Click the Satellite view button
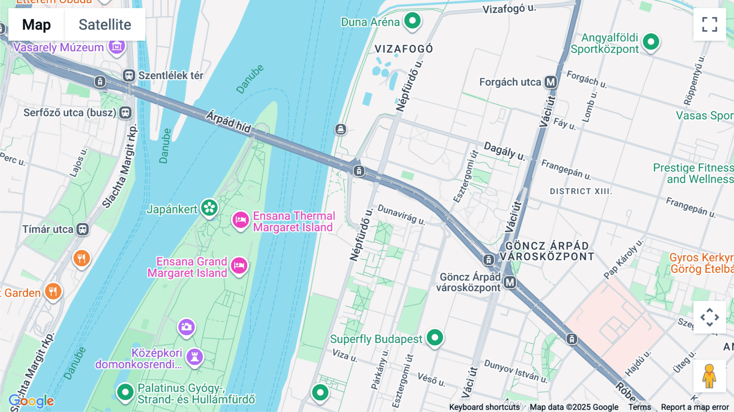[105, 24]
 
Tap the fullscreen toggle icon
[710, 24]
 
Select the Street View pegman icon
[709, 376]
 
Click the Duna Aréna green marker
[412, 20]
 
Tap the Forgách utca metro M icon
[551, 82]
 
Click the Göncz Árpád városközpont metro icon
[510, 282]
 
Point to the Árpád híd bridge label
[228, 122]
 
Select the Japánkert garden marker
[210, 208]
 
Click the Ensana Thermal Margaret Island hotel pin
[241, 220]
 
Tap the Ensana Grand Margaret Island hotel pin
[239, 266]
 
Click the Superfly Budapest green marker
[435, 338]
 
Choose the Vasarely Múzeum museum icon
[117, 47]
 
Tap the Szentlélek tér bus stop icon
[129, 75]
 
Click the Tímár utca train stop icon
[83, 229]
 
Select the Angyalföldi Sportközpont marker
[651, 42]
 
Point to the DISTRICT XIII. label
[581, 191]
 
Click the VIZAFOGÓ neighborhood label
[404, 49]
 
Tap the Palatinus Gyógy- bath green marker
[125, 392]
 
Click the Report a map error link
[695, 407]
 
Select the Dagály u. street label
[504, 151]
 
